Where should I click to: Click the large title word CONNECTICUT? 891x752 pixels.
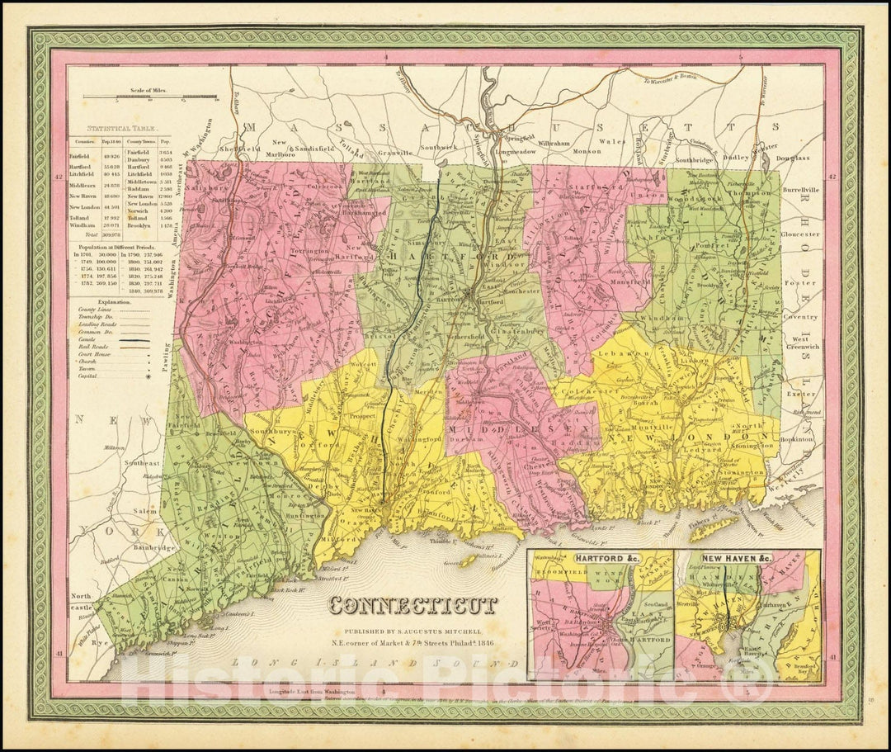pos(413,606)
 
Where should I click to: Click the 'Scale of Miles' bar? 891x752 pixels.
pos(151,97)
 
